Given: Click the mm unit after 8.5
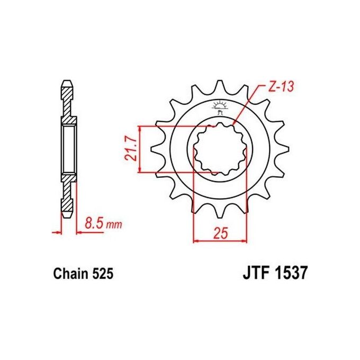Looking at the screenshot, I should point(114,225).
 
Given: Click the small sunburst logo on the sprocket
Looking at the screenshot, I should point(221,106).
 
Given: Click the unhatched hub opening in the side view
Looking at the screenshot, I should point(69,149).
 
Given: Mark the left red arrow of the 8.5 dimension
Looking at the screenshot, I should point(57,231).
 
